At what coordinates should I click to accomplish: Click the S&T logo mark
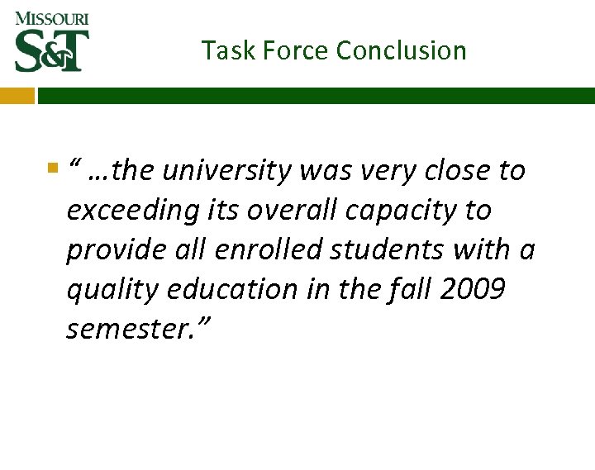point(51,50)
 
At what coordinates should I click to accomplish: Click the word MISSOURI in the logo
point(51,18)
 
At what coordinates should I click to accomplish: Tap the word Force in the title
point(288,50)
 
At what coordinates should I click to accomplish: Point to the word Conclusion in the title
point(401,50)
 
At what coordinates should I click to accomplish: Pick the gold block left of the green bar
point(17,96)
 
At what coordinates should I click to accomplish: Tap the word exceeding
point(133,211)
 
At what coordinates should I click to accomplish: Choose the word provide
point(108,250)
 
